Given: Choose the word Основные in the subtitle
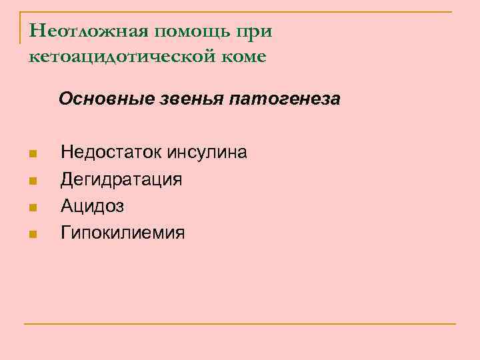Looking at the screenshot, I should pos(107,99).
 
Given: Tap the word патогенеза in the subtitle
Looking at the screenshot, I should pos(285,99).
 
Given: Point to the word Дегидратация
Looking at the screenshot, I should pos(121,180).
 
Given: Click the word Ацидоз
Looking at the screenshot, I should pos(92,207).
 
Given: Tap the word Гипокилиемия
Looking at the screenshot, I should pos(123,233).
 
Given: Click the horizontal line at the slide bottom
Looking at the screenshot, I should pos(240,324).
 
